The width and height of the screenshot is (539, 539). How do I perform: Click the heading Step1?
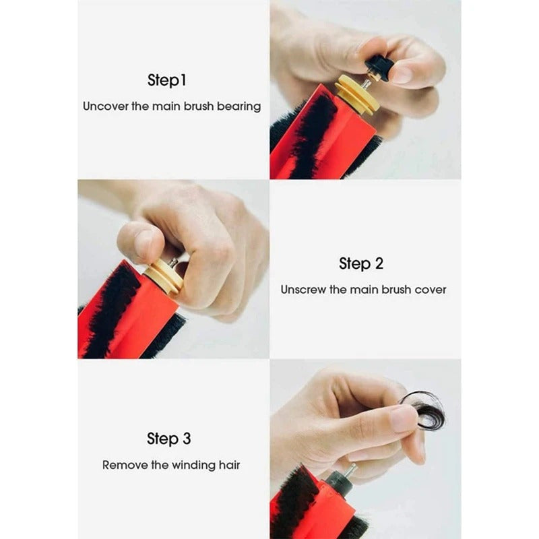(x=166, y=80)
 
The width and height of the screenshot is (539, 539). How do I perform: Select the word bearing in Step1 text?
(x=239, y=106)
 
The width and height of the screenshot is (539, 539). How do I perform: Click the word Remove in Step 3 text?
(x=124, y=465)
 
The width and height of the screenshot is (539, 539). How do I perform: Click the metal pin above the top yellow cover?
(x=365, y=84)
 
